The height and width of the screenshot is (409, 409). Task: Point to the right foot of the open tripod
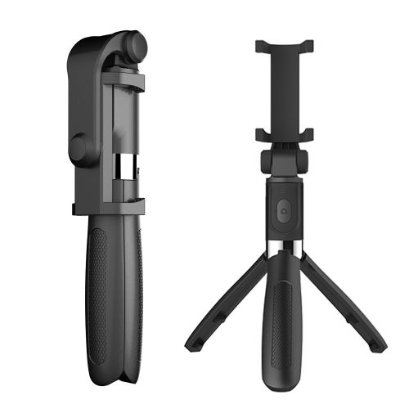(x=378, y=344)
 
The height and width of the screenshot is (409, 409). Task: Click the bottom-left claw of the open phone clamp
(x=261, y=133)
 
